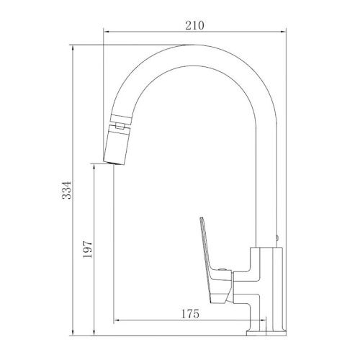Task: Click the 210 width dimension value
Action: point(194,25)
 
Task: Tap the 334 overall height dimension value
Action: point(66,190)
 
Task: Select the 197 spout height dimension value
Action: point(87,249)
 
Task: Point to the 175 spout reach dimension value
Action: point(190,314)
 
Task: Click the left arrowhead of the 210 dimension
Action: point(106,32)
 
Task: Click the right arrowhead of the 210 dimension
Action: point(283,32)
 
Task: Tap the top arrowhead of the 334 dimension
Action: point(73,48)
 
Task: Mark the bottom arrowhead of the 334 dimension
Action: point(73,333)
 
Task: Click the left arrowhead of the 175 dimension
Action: point(117,320)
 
